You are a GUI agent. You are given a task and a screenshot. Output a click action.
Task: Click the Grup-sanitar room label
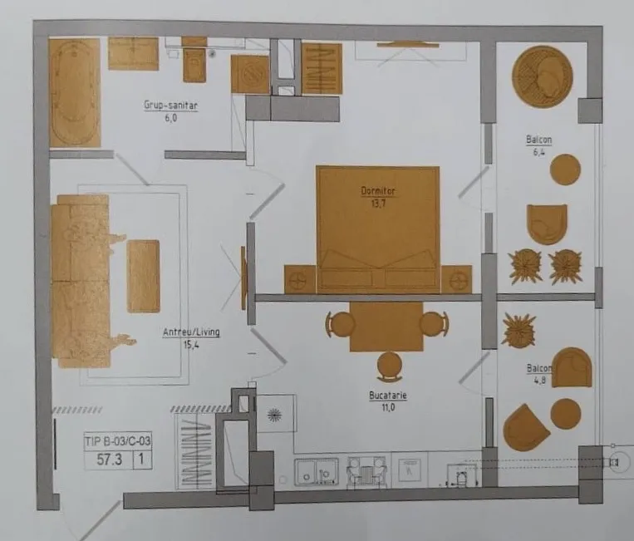tap(170, 106)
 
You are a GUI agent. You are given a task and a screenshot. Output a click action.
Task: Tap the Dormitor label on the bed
tap(377, 191)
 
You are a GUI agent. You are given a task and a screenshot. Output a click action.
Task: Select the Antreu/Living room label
tap(191, 332)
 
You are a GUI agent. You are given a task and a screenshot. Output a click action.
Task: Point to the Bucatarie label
tap(388, 395)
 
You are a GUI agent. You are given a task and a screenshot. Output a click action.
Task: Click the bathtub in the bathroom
tap(75, 92)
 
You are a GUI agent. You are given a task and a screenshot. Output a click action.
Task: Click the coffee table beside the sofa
tap(144, 276)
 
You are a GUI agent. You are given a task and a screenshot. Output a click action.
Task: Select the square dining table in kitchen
tap(386, 326)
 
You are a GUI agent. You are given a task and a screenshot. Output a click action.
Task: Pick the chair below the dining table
tap(390, 366)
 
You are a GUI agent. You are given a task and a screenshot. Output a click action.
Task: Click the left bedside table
tap(300, 279)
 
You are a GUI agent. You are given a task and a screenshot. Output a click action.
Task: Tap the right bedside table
tap(456, 279)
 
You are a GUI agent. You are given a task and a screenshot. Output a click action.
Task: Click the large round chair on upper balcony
tap(543, 76)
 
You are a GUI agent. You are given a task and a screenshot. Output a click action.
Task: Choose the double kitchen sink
tap(317, 471)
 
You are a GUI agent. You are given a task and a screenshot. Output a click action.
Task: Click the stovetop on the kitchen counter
tap(367, 471)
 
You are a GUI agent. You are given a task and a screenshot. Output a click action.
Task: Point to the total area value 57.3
tap(109, 460)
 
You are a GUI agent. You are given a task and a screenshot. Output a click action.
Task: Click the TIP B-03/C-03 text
tap(118, 440)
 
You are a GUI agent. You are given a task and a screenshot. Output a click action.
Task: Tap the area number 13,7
tap(378, 204)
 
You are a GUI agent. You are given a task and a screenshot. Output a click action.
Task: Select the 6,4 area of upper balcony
tap(538, 152)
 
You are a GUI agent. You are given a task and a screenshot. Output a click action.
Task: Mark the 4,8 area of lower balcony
tap(540, 380)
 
